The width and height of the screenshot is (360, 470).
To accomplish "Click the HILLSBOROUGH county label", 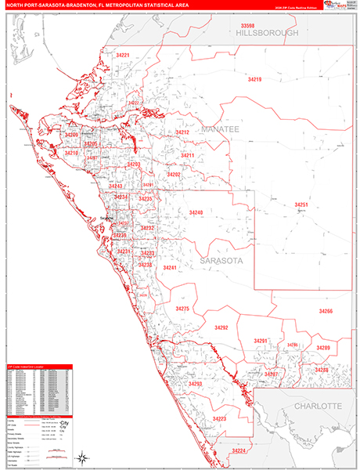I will pyautogui.click(x=268, y=34).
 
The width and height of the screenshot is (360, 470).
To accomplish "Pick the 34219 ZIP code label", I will pyautogui.click(x=255, y=80).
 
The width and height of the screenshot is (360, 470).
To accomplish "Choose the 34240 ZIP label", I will pyautogui.click(x=196, y=212).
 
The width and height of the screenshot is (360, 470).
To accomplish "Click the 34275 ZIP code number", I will pyautogui.click(x=182, y=309).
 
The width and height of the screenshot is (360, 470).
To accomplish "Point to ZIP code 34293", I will pyautogui.click(x=195, y=384).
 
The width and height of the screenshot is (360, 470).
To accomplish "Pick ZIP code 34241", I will pyautogui.click(x=170, y=268).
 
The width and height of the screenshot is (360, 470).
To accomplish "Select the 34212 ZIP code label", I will pyautogui.click(x=182, y=132).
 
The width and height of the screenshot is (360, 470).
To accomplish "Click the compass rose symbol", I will pyautogui.click(x=81, y=455).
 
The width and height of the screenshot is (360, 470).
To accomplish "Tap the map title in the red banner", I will pyautogui.click(x=94, y=7).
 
